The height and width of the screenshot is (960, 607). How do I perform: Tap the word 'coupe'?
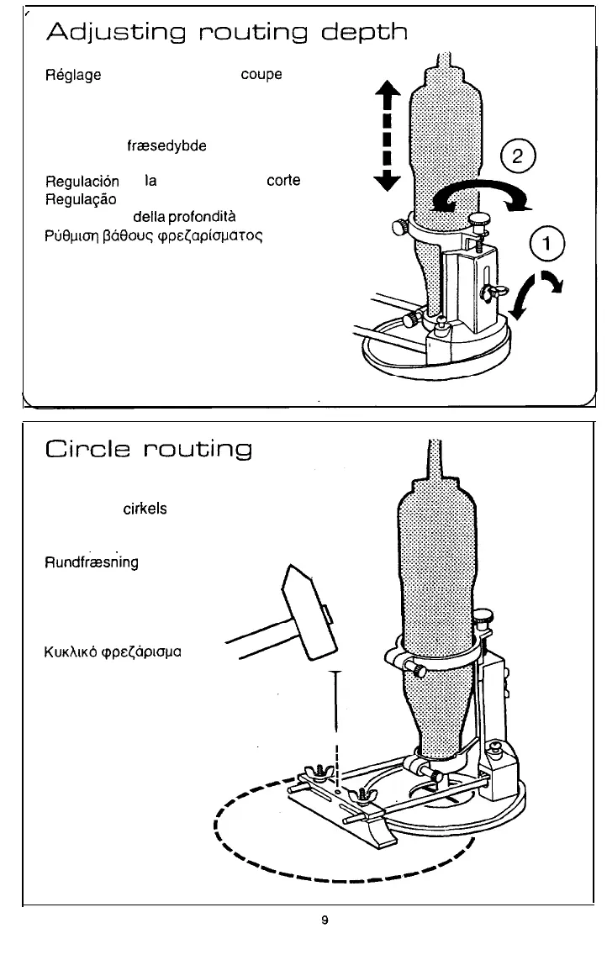click(x=260, y=75)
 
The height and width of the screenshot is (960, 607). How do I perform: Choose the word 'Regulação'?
click(x=82, y=199)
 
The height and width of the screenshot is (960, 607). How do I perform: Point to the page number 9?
click(x=324, y=920)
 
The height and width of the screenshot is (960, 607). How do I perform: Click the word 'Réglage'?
click(x=72, y=75)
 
